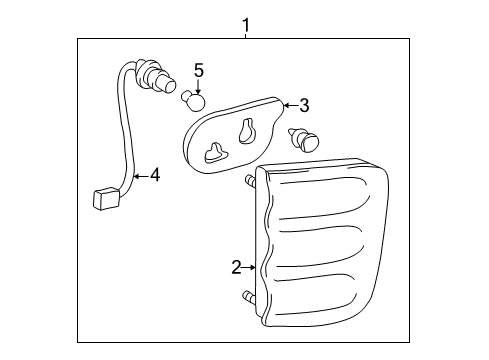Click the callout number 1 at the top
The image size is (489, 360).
[x=246, y=25]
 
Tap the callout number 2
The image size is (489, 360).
[x=236, y=267]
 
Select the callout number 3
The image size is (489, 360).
[x=304, y=106]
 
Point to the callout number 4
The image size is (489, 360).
[x=155, y=175]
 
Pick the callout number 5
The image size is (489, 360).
[x=199, y=71]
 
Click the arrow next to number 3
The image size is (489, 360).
[x=291, y=106]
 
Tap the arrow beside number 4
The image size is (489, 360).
[x=141, y=175]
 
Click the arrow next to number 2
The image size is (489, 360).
[x=249, y=267]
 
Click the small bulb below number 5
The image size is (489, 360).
[x=193, y=100]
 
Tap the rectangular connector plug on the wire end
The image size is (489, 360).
[x=106, y=199]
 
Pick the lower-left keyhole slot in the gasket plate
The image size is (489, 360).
[x=216, y=153]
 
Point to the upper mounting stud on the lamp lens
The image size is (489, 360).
[x=251, y=181]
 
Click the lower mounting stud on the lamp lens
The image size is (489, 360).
[x=250, y=296]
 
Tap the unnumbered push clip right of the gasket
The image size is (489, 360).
[x=303, y=139]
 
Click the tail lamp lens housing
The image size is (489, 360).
[x=321, y=242]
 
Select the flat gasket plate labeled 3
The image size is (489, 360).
[x=233, y=135]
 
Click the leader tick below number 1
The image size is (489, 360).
[x=246, y=35]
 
